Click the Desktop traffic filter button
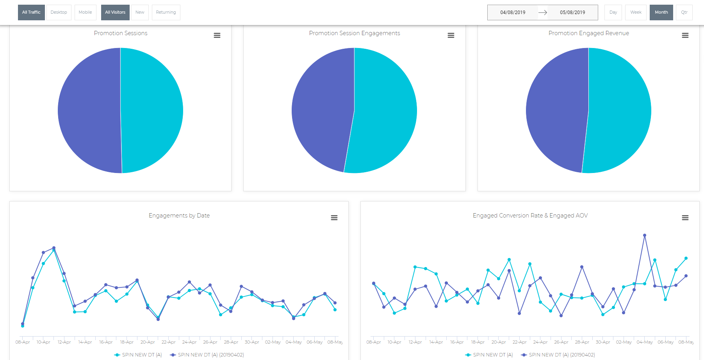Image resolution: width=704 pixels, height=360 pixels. (x=59, y=12)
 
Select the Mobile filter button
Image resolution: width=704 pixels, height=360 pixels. (x=85, y=12)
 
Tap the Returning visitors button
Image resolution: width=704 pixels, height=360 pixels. (x=166, y=12)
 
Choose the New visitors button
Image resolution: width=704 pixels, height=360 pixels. (x=140, y=12)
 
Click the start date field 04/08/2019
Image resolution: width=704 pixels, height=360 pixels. (x=513, y=12)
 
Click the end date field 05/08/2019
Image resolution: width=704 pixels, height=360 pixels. (x=572, y=12)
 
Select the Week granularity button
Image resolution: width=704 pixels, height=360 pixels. (x=636, y=12)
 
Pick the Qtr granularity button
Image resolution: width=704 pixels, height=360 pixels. (x=684, y=12)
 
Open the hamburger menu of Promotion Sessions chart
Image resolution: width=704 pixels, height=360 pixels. (x=217, y=36)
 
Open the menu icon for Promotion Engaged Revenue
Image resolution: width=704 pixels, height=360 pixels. (x=685, y=36)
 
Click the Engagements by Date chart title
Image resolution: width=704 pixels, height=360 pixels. (x=179, y=216)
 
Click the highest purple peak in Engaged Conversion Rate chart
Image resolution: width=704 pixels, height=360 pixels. (x=644, y=235)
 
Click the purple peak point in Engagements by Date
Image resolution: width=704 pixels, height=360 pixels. (x=54, y=248)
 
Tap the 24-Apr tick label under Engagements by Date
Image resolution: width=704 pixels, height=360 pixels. (x=189, y=342)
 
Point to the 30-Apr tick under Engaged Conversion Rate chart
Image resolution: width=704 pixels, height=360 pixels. (x=603, y=342)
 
